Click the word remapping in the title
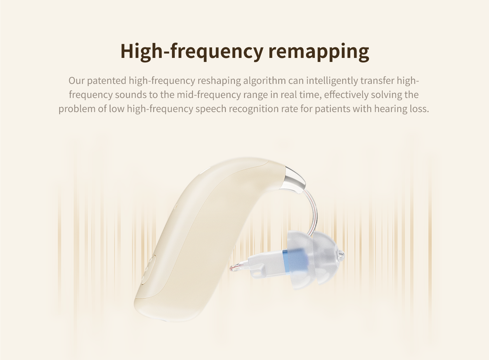click(x=319, y=52)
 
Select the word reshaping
click(x=219, y=81)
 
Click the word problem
click(x=77, y=109)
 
